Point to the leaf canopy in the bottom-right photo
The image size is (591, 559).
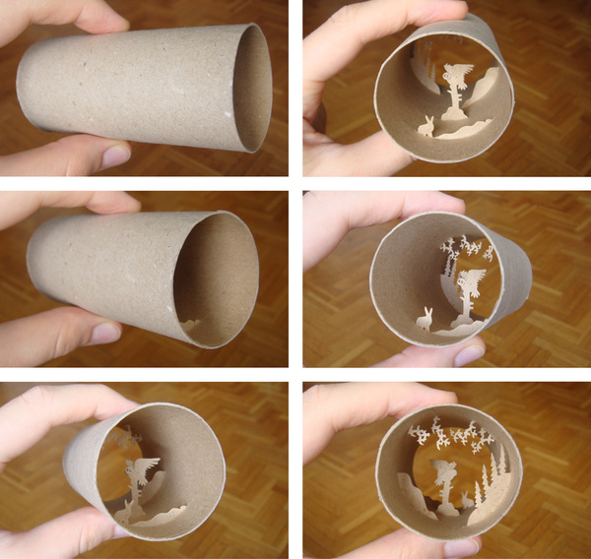453,433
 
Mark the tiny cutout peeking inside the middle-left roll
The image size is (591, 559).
191,323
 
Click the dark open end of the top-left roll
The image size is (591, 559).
250,89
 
